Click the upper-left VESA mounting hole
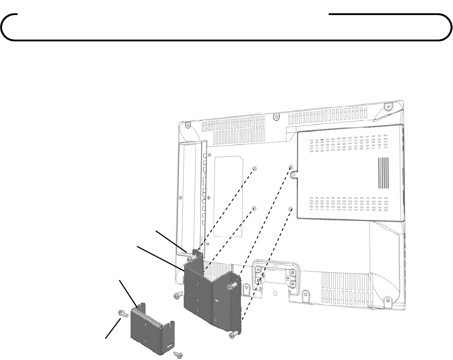click(255, 168)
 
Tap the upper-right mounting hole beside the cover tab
click(291, 167)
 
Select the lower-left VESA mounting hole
click(254, 208)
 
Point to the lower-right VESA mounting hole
click(290, 210)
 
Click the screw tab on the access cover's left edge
click(293, 176)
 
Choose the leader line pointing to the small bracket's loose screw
click(114, 328)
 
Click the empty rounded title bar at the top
click(224, 27)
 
